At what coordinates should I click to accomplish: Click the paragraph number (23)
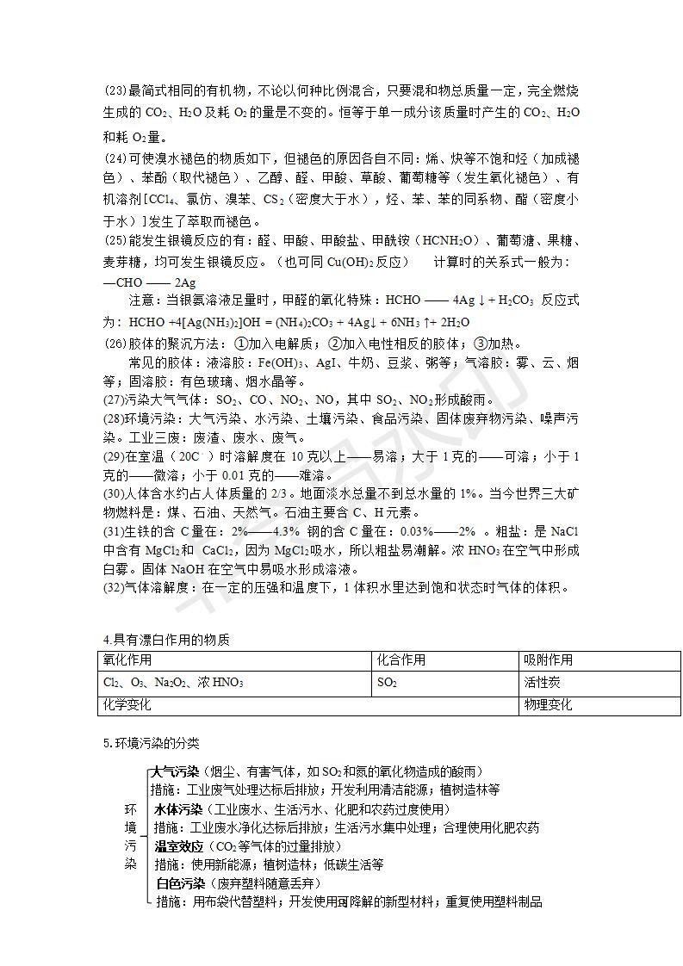pyautogui.click(x=115, y=90)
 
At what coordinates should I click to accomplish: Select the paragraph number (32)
pyautogui.click(x=115, y=588)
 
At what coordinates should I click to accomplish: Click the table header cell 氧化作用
pyautogui.click(x=127, y=660)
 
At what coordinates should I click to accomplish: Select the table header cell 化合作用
pyautogui.click(x=401, y=660)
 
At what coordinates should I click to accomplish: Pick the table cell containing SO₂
pyautogui.click(x=387, y=683)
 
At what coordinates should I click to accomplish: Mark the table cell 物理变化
pyautogui.click(x=548, y=705)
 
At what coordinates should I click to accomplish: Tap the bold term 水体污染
pyautogui.click(x=178, y=809)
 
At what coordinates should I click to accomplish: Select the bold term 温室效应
pyautogui.click(x=178, y=846)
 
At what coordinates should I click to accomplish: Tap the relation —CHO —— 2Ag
pyautogui.click(x=149, y=282)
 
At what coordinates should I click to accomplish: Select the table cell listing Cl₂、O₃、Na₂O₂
pyautogui.click(x=172, y=683)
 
